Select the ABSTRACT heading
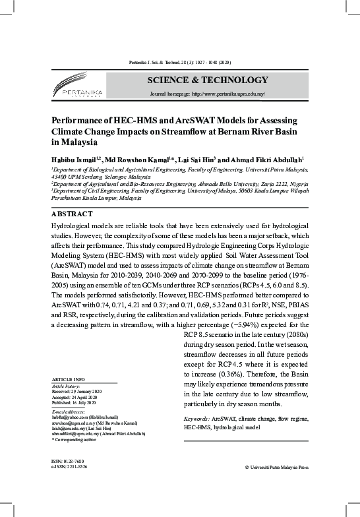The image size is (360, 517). tap(72, 214)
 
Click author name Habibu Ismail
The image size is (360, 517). tap(74, 160)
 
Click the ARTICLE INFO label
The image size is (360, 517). tap(68, 380)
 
